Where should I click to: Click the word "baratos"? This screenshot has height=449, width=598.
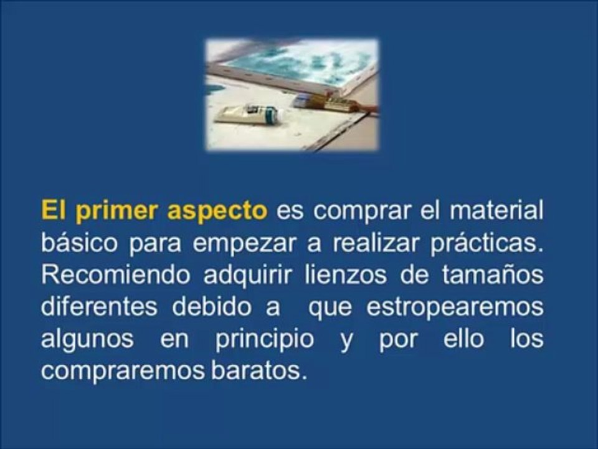pyautogui.click(x=265, y=372)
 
